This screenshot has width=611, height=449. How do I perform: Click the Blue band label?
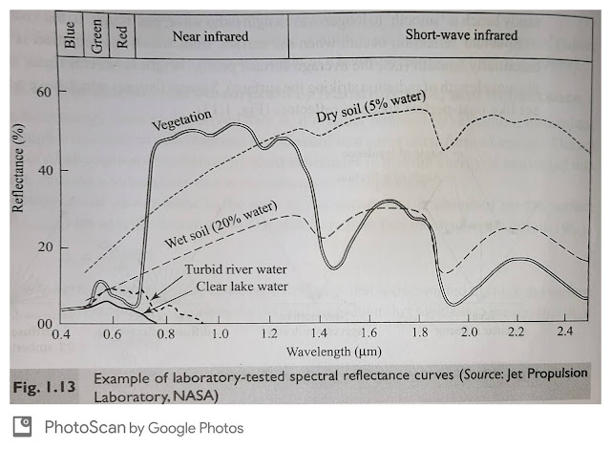[69, 36]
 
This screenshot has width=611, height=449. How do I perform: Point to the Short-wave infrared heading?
[461, 35]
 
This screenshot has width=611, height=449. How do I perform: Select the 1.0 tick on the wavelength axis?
[221, 335]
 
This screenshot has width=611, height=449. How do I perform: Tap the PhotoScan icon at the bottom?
[18, 427]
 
